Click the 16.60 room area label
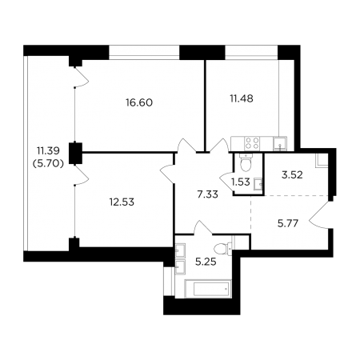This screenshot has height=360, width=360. (x=139, y=102)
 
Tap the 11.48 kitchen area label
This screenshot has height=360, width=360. (x=242, y=98)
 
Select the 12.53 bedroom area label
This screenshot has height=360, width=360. (x=122, y=202)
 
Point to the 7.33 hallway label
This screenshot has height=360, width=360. (x=207, y=194)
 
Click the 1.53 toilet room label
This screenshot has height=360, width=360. (x=240, y=182)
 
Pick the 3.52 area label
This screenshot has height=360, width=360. (x=292, y=175)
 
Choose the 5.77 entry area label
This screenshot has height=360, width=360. (x=288, y=223)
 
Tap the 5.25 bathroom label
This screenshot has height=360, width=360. (x=206, y=262)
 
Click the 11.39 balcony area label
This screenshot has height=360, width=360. (x=48, y=151)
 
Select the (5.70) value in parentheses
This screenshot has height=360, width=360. (x=48, y=164)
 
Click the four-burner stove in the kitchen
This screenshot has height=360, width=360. (x=252, y=143)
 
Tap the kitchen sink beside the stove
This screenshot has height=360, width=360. (x=280, y=144)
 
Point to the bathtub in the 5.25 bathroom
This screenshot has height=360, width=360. (x=208, y=289)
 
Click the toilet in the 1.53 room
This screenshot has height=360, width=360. (x=245, y=162)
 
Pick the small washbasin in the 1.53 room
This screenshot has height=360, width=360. (x=258, y=184)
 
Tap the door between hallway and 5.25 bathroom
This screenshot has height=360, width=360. (x=203, y=227)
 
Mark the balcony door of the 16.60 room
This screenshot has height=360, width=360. (x=81, y=77)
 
